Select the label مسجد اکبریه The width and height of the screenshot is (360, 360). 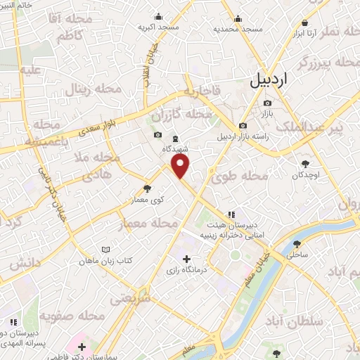[x=155, y=27]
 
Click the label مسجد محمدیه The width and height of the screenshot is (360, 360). [x=238, y=29]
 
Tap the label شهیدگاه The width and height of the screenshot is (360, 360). [x=174, y=148]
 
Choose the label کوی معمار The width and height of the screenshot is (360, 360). [x=147, y=200]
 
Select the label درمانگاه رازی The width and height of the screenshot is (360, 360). [x=184, y=270]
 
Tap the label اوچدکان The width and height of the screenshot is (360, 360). [x=304, y=174]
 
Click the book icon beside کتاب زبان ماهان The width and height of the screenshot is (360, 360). [x=105, y=250]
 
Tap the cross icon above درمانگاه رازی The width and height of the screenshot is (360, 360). [x=186, y=259]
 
